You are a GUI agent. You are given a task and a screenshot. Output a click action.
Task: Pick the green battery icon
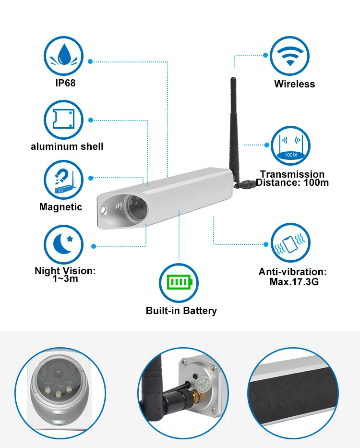(x=179, y=282)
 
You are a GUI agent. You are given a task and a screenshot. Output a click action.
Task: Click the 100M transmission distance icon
(x=290, y=145)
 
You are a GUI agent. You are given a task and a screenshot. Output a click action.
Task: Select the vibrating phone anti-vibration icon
(x=290, y=243)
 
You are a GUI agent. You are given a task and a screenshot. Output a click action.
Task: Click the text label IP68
(x=65, y=84)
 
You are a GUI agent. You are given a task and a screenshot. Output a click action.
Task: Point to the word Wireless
(x=294, y=84)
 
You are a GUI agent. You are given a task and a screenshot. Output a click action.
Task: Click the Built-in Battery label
(x=181, y=311)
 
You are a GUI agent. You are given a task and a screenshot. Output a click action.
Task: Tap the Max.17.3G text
(x=294, y=282)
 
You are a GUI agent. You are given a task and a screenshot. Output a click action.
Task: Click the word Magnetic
(x=60, y=207)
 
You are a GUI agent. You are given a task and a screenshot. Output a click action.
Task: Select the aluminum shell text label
(x=67, y=146)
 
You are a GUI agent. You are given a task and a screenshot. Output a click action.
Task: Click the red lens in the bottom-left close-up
(x=58, y=373)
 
